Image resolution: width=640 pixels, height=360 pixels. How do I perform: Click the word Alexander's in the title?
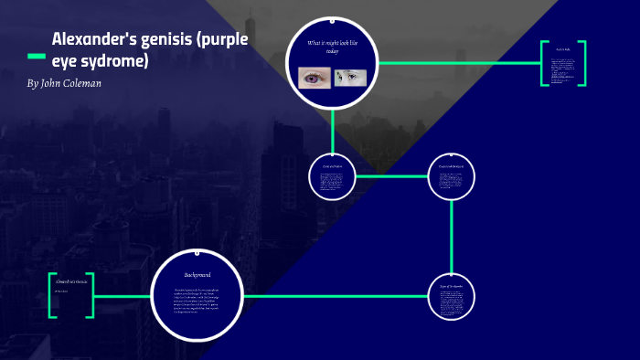coord(91,40)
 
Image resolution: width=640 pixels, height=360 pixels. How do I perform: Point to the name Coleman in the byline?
coord(81,83)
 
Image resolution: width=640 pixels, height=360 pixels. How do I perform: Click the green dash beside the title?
coord(36,57)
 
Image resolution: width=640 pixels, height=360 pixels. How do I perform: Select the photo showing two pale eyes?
coord(351,78)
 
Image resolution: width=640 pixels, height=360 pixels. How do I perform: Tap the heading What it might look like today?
coord(333,48)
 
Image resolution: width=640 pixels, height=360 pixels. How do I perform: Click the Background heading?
coord(197,275)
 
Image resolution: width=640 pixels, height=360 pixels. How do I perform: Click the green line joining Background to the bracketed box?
coord(122,296)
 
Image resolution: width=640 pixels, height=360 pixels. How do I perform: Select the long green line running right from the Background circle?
coord(338,296)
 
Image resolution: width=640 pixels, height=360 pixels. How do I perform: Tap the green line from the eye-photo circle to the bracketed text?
coord(457,63)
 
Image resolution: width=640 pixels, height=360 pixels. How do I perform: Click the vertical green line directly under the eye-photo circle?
coord(333,132)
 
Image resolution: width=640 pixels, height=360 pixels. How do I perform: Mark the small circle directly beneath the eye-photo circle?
coord(333,176)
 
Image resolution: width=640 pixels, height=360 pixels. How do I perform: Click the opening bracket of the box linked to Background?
coord(53,295)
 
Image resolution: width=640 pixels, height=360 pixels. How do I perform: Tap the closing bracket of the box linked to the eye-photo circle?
coord(581,63)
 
